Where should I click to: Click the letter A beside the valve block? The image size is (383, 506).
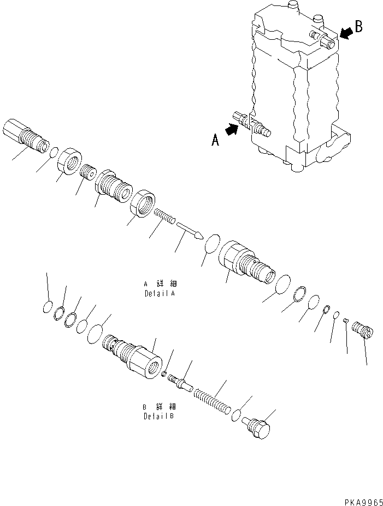pos(216,141)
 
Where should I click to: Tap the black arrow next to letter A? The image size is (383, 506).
pos(232,130)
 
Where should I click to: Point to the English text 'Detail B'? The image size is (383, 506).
pos(155,417)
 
